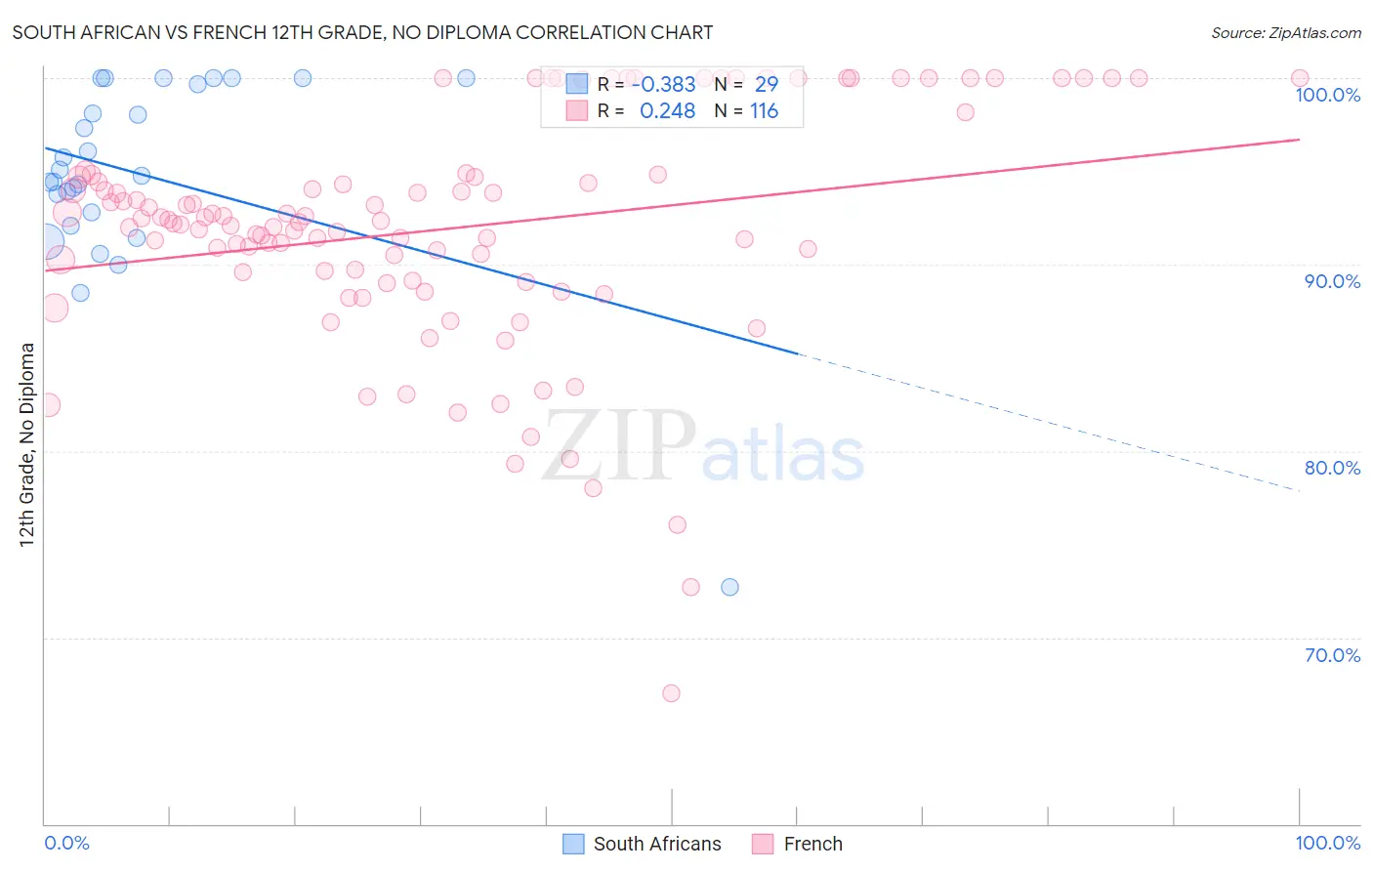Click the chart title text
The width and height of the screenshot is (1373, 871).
click(362, 32)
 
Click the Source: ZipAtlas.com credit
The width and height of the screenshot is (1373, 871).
click(1285, 32)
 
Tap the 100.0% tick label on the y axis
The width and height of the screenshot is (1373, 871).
click(1327, 95)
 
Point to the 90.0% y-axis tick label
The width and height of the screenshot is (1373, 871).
click(1332, 281)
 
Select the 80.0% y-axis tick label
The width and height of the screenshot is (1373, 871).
click(1332, 468)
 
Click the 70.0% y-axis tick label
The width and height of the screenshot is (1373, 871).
click(1332, 655)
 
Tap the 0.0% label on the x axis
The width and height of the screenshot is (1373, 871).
click(66, 843)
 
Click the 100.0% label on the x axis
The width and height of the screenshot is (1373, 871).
click(1327, 843)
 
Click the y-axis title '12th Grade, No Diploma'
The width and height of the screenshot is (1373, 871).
click(27, 444)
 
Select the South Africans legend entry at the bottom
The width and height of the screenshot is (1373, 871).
click(643, 844)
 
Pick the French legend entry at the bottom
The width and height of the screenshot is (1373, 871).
click(798, 844)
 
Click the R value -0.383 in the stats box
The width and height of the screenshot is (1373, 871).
click(663, 84)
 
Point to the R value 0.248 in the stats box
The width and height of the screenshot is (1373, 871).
click(667, 111)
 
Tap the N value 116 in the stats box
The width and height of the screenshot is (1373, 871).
click(764, 111)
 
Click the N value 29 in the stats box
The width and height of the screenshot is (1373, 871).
click(766, 84)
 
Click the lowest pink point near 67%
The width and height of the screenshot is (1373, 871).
click(671, 693)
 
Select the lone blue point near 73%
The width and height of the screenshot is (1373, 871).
click(729, 587)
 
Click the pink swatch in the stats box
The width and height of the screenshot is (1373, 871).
click(577, 111)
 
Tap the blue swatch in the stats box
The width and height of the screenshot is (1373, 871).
click(577, 84)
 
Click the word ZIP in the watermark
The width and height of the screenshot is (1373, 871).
click(618, 445)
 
